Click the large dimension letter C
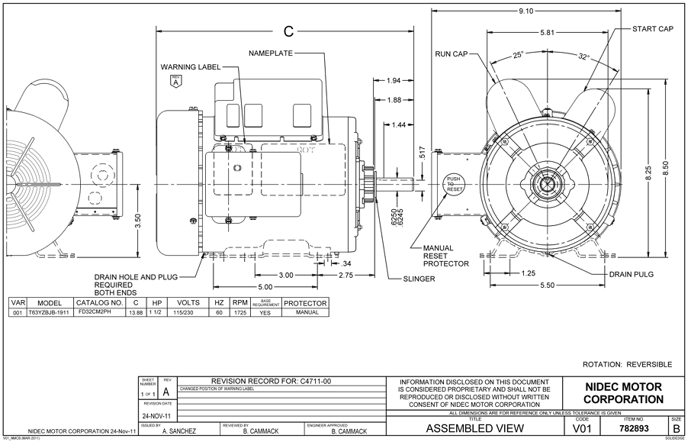(288, 32)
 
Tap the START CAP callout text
(653, 28)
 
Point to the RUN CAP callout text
(452, 55)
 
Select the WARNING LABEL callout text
(190, 67)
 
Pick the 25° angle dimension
(518, 56)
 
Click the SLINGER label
(419, 279)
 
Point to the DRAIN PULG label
(631, 273)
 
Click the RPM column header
(240, 303)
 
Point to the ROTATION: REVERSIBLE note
(627, 365)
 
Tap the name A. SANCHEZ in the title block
(178, 431)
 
